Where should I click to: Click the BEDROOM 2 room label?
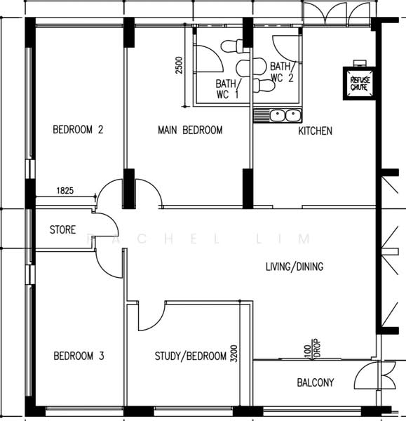point(78,130)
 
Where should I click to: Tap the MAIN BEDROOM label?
point(190,131)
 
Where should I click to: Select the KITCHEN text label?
point(316,131)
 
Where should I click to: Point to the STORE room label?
point(63,230)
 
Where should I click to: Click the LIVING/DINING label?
point(295,267)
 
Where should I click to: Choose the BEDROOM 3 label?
point(79,356)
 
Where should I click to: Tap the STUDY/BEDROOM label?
point(191,356)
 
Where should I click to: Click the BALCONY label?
point(316,382)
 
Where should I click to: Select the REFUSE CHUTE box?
point(360,83)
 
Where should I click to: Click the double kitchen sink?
point(285,116)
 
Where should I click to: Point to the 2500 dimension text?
point(179,65)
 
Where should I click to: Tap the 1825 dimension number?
point(65,191)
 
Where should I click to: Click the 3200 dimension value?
point(234,354)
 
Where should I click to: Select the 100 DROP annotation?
point(313,349)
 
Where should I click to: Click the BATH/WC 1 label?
point(229,89)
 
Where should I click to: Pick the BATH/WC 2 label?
point(283,72)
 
